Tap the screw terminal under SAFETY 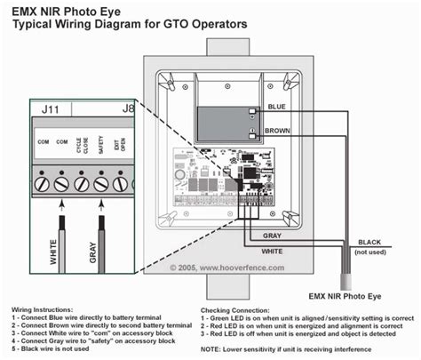pyautogui.click(x=101, y=184)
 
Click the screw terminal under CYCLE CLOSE pyautogui.click(x=82, y=184)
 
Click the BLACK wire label pyautogui.click(x=369, y=243)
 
